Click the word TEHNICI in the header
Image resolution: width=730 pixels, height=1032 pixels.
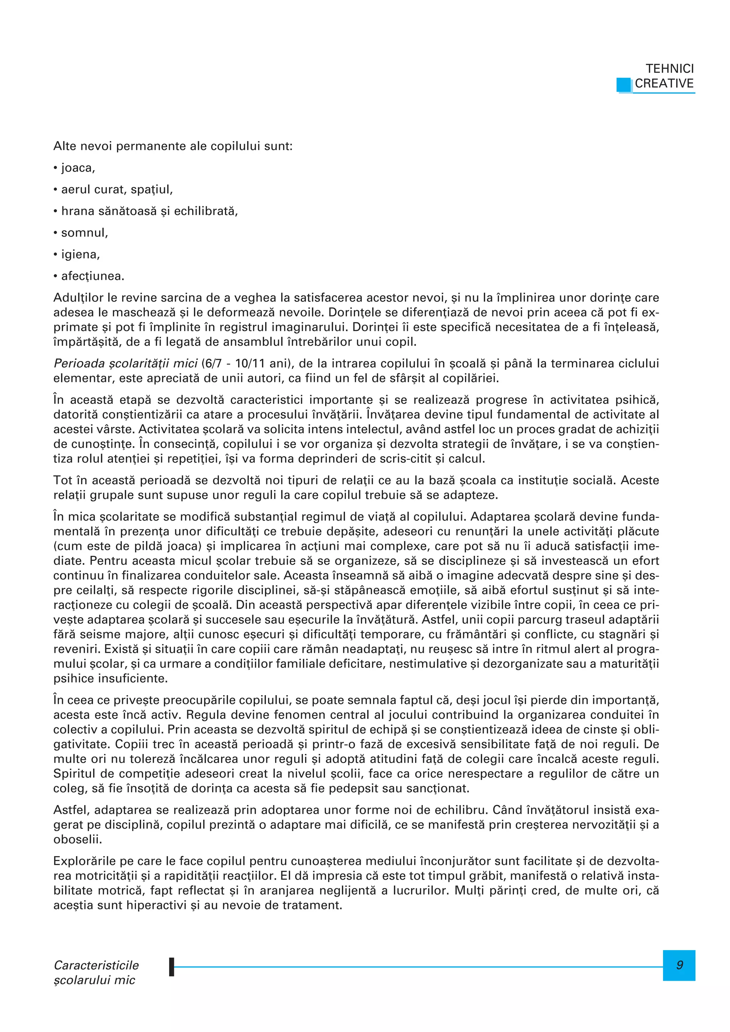click(669, 69)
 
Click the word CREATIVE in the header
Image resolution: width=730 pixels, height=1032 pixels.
click(664, 84)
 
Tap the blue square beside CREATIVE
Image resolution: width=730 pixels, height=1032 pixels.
click(624, 85)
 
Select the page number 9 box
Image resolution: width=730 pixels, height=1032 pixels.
click(679, 965)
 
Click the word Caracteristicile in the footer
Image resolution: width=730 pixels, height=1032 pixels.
click(96, 965)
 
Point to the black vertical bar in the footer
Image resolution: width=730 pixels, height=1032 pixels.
click(171, 966)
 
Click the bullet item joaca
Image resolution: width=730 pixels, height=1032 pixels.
click(78, 168)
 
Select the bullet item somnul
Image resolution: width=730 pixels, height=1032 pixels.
click(84, 233)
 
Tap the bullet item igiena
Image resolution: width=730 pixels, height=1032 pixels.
click(80, 254)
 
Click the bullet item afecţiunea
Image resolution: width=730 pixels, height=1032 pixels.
click(92, 276)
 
